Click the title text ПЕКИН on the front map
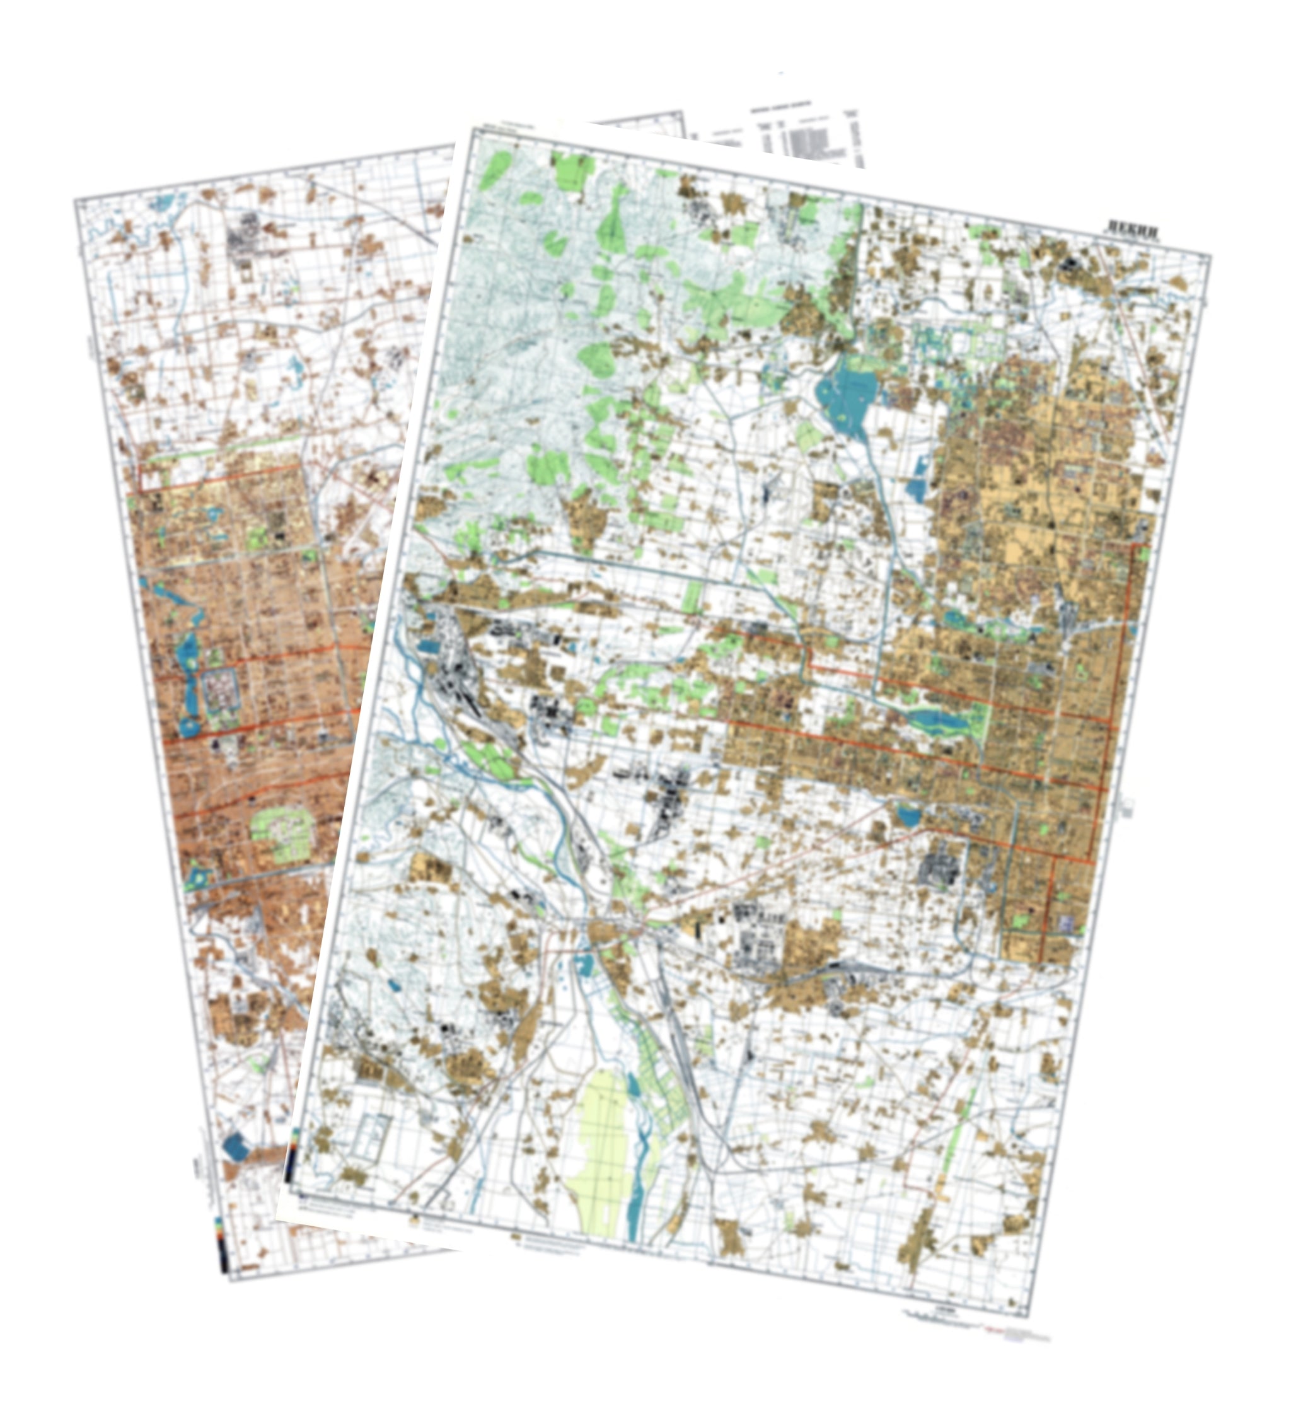pos(1132,228)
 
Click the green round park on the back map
pos(283,835)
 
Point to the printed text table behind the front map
pos(803,133)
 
